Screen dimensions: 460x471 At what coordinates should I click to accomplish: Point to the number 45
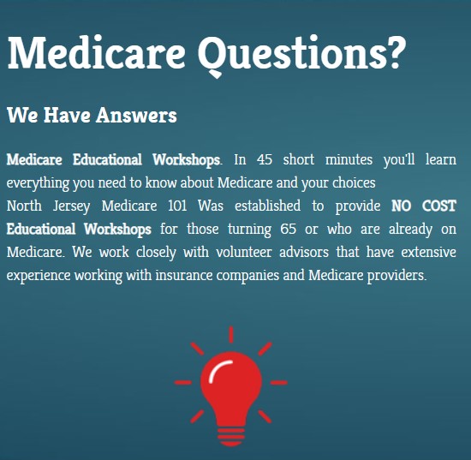click(x=265, y=160)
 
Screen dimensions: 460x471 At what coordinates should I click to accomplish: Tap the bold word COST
click(x=439, y=206)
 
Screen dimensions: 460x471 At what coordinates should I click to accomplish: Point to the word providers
click(x=396, y=276)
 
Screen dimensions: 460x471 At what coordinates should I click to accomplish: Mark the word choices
click(x=350, y=183)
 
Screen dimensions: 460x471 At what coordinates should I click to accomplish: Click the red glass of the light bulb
click(x=231, y=381)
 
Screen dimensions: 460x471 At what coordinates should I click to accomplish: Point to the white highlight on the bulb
click(x=218, y=370)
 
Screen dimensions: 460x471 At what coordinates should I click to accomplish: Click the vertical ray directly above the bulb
click(x=231, y=334)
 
